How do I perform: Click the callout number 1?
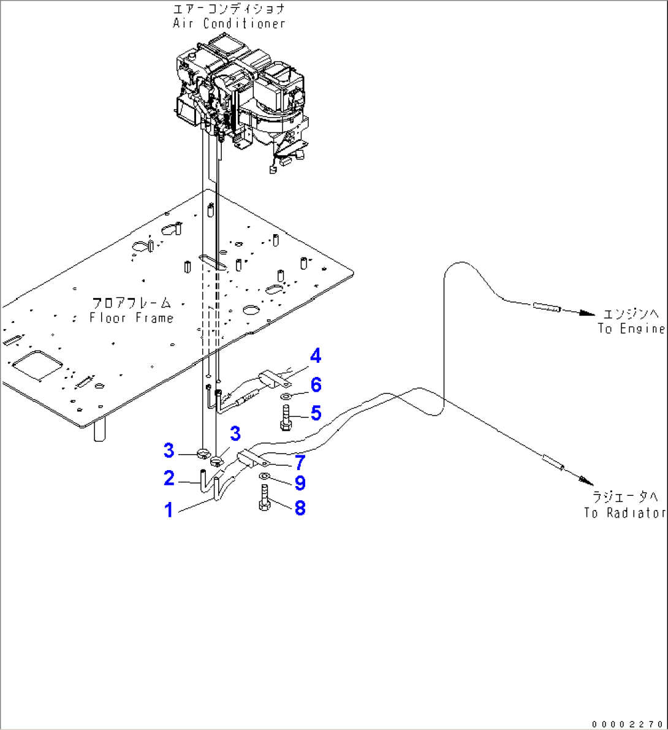[169, 509]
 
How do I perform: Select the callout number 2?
[169, 477]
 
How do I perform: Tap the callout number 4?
[315, 355]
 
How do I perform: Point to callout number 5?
[316, 413]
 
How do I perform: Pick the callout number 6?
[316, 385]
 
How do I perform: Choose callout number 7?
[300, 462]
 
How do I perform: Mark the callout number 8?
[300, 508]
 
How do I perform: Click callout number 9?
[300, 483]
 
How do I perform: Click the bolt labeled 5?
[286, 419]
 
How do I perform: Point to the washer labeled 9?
[264, 476]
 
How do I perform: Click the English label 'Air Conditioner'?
[229, 24]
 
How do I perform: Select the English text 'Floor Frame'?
[131, 317]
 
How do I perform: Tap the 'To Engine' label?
[631, 329]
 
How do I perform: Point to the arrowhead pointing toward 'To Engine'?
[586, 313]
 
